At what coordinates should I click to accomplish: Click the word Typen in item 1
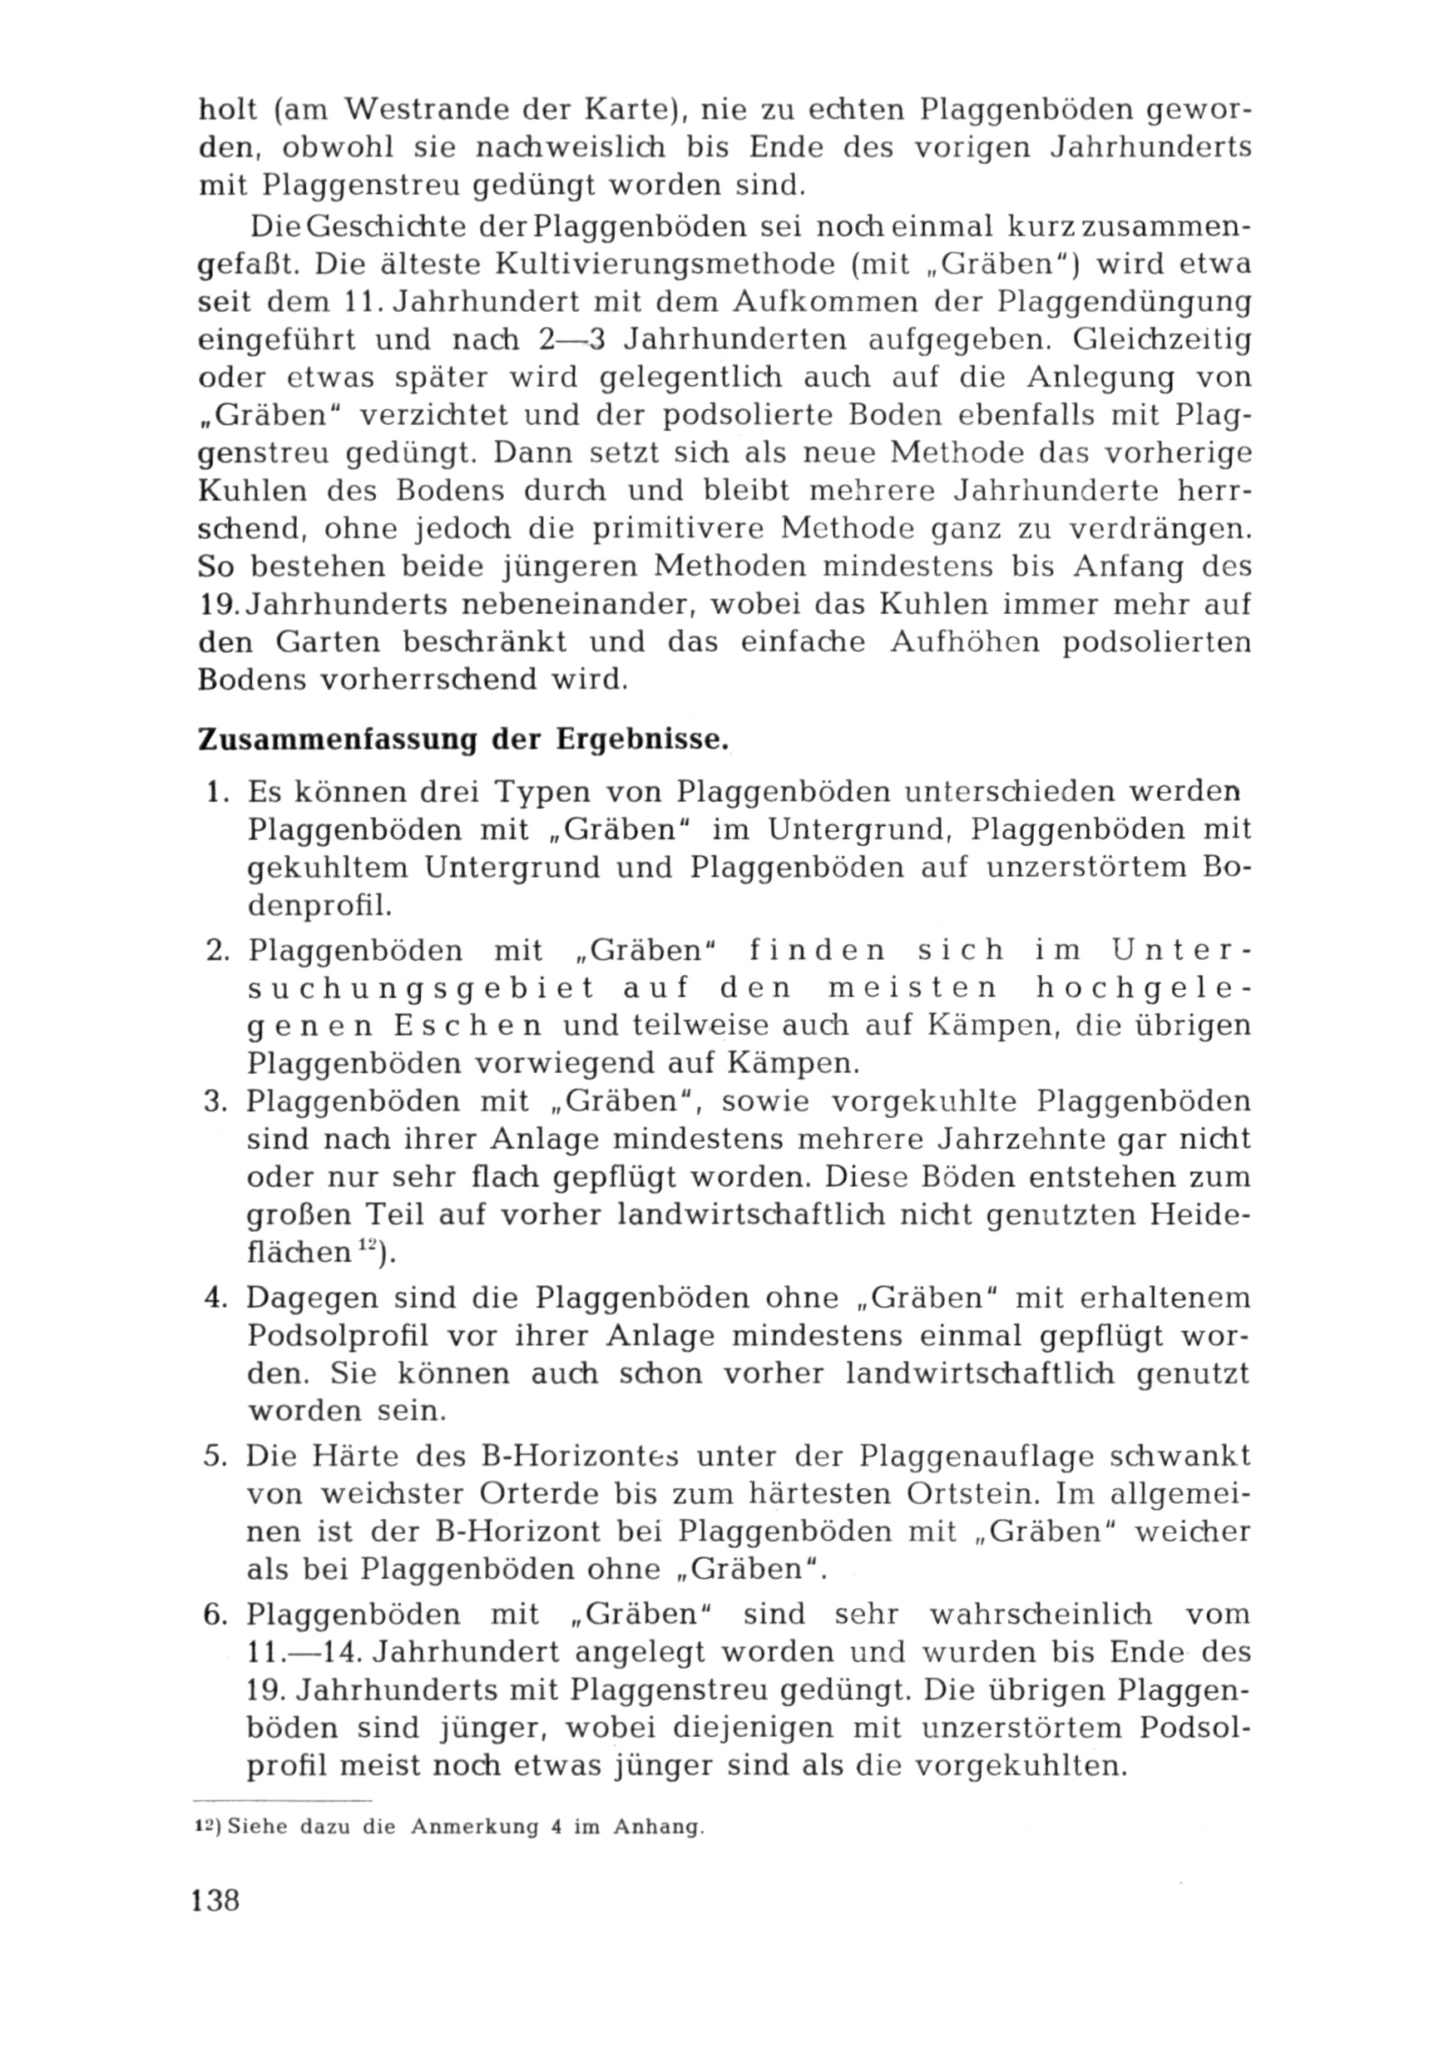point(549,792)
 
